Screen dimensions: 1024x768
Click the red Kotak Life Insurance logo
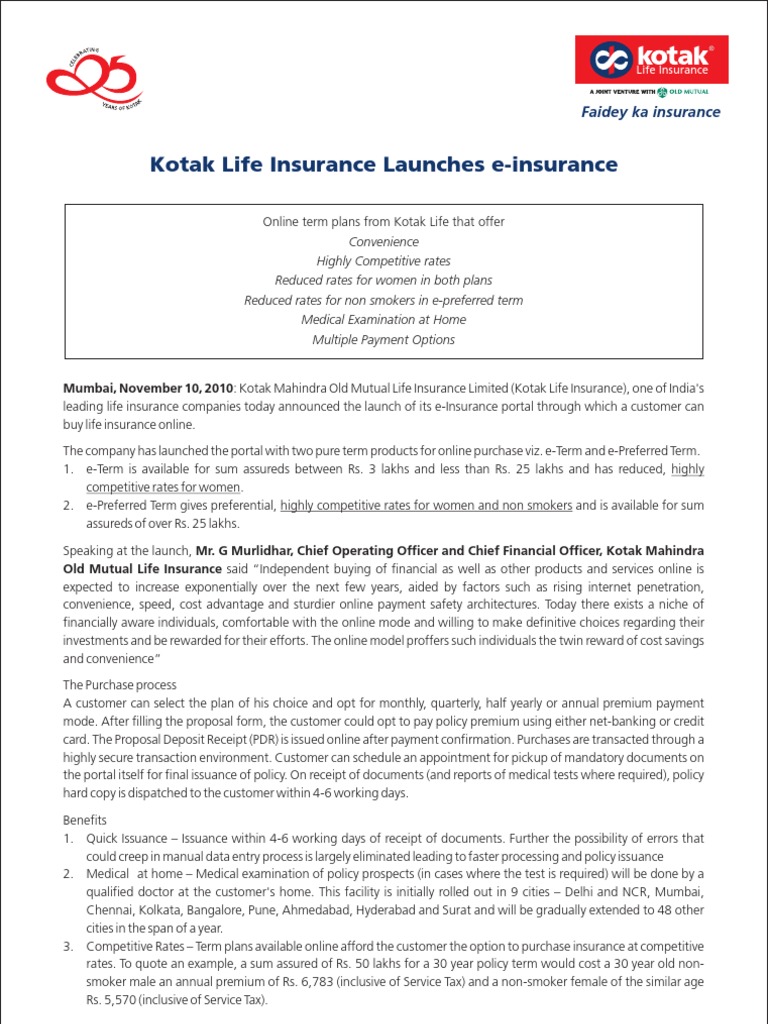651,60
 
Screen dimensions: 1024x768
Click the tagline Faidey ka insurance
650,112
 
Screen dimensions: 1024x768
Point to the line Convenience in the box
384,241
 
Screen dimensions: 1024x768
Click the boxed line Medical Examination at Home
384,320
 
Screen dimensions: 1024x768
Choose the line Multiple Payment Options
384,340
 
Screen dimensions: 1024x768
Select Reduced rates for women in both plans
384,281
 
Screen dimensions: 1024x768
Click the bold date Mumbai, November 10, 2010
149,387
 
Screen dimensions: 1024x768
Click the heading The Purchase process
120,685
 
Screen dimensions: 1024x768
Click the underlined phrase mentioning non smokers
426,506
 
